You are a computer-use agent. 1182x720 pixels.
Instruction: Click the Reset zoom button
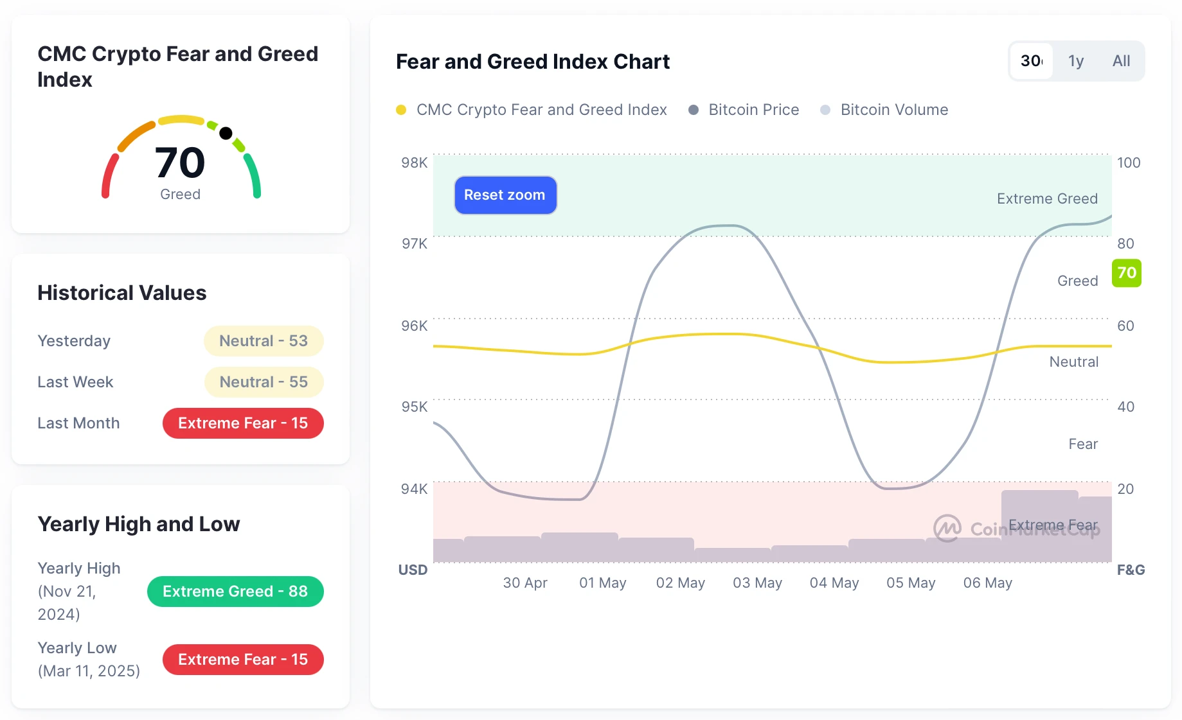[x=505, y=195]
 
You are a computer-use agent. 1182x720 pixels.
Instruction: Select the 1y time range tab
[x=1075, y=61]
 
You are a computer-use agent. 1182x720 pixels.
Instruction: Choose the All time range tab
[x=1121, y=61]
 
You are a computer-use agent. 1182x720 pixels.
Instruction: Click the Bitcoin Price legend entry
[x=753, y=110]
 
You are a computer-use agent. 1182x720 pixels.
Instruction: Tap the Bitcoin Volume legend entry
[x=893, y=110]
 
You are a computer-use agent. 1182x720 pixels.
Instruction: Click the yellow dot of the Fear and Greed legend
[x=401, y=110]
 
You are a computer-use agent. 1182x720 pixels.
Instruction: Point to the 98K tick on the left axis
[x=414, y=162]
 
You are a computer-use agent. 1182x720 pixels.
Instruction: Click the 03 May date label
[x=757, y=583]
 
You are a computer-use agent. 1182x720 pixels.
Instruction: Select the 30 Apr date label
[x=524, y=583]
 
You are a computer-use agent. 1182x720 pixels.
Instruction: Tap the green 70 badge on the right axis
[x=1126, y=273]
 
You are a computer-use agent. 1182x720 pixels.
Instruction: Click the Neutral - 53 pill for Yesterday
[x=264, y=341]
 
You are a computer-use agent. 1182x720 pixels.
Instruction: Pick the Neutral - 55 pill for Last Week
[x=264, y=382]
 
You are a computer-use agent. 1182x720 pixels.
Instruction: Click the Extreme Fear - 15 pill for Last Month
[x=243, y=423]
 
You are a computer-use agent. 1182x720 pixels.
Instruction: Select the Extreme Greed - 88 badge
[x=235, y=592]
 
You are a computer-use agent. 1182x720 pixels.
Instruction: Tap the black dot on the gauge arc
[x=226, y=133]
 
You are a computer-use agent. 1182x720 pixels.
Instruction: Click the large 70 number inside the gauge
[x=180, y=162]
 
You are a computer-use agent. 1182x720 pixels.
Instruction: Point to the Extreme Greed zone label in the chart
[x=1046, y=198]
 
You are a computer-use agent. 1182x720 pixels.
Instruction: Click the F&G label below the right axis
[x=1131, y=570]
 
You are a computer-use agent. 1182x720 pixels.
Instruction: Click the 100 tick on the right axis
[x=1128, y=162]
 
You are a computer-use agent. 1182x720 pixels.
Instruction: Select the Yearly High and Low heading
[x=139, y=524]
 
